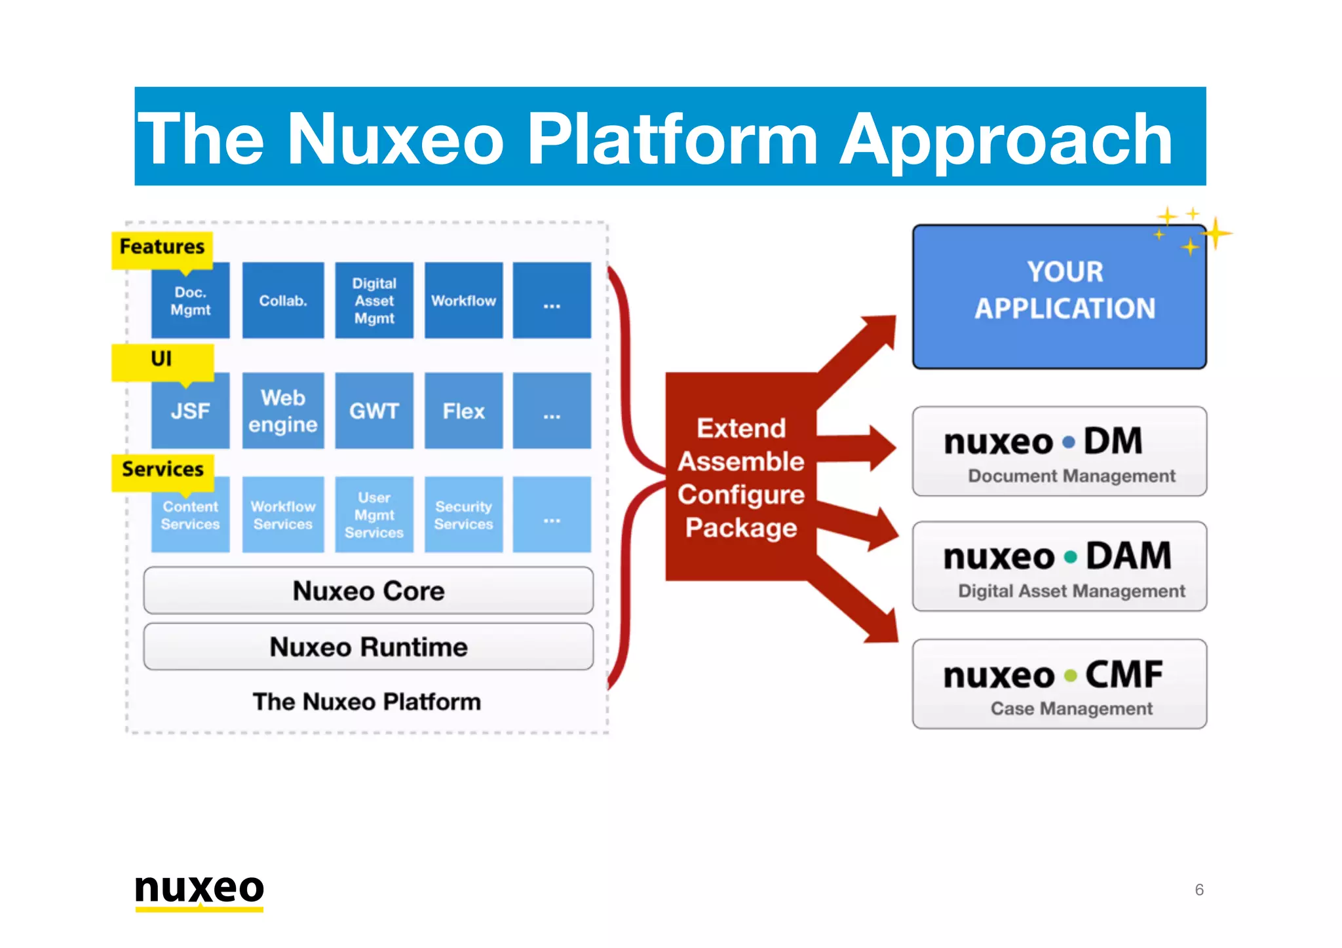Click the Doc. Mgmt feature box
tap(190, 301)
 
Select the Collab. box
tap(282, 301)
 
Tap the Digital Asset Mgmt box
tap(374, 301)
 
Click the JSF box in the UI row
tap(190, 411)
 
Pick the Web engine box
tap(282, 411)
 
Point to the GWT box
tap(374, 411)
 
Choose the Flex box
tap(463, 411)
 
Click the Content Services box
tap(190, 516)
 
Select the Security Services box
tap(463, 516)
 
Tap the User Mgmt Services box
tap(374, 516)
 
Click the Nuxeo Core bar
tap(368, 591)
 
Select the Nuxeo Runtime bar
tap(368, 647)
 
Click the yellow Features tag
tap(162, 248)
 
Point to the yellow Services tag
tap(163, 470)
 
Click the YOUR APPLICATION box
tap(1060, 297)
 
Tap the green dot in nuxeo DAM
tap(1071, 558)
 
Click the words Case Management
tap(1071, 709)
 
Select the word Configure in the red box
tap(741, 495)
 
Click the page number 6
tap(1199, 890)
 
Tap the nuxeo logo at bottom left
tap(199, 890)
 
